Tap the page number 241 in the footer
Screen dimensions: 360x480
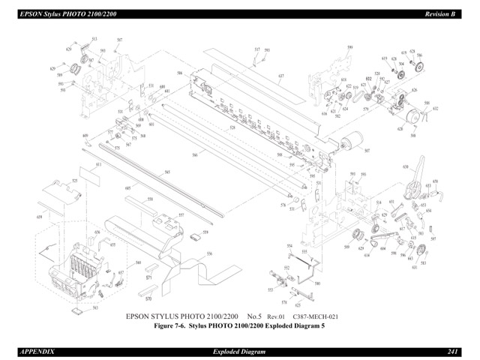coord(453,352)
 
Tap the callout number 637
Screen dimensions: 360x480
coord(280,76)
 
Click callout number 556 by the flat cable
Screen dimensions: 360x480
coord(209,253)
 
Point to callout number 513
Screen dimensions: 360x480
coord(94,39)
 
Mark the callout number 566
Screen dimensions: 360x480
coord(194,154)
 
